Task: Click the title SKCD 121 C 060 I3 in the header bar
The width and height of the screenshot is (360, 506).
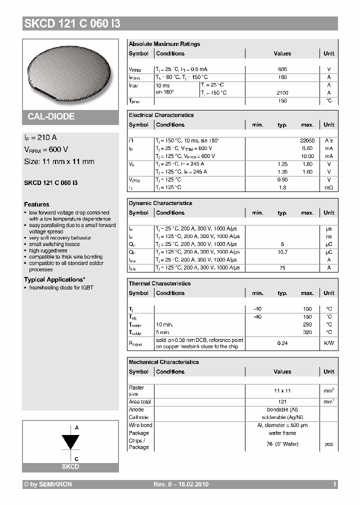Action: click(72, 24)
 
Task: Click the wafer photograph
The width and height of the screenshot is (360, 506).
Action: click(70, 72)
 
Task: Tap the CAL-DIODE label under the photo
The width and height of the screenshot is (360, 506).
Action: click(51, 116)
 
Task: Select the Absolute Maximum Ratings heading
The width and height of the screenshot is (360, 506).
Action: click(164, 44)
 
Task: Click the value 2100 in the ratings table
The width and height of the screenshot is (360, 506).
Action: click(282, 93)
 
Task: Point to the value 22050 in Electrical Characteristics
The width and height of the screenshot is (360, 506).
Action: click(306, 141)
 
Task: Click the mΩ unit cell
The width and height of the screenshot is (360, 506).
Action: click(328, 187)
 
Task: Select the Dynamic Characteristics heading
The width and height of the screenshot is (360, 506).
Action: click(160, 203)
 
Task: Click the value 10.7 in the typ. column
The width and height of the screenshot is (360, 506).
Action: click(282, 252)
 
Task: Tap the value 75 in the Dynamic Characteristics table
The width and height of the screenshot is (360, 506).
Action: click(282, 268)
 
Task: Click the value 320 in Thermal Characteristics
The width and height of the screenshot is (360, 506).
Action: click(307, 332)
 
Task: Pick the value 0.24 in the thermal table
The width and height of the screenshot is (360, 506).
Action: click(282, 343)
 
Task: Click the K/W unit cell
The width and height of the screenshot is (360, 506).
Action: click(328, 343)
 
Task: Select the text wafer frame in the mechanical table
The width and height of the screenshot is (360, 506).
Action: click(282, 433)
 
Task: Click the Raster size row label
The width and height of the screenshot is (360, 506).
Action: click(136, 390)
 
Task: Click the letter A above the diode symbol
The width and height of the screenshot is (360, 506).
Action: click(76, 428)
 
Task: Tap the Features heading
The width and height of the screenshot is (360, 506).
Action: click(36, 204)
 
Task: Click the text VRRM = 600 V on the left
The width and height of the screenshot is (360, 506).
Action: click(46, 149)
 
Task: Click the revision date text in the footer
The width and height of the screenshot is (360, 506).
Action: click(180, 484)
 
